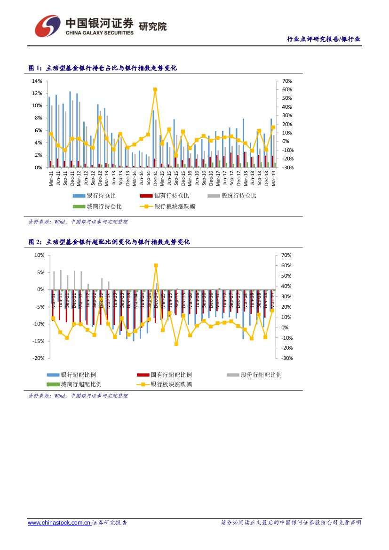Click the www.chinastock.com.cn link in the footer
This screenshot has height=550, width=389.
point(59,523)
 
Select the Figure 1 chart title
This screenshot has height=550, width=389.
point(103,68)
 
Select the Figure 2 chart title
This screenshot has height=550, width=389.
point(109,242)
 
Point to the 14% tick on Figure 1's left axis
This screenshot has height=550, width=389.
point(37,81)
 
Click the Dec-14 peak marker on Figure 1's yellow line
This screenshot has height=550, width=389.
point(155,89)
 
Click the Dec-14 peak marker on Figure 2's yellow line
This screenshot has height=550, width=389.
point(156,265)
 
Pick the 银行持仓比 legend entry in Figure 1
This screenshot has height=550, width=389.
point(94,196)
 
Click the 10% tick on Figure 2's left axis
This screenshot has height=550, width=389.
point(39,255)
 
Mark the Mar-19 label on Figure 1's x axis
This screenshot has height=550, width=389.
point(274,178)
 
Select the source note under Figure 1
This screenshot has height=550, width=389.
point(78,222)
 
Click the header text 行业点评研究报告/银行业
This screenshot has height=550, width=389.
point(324,39)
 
